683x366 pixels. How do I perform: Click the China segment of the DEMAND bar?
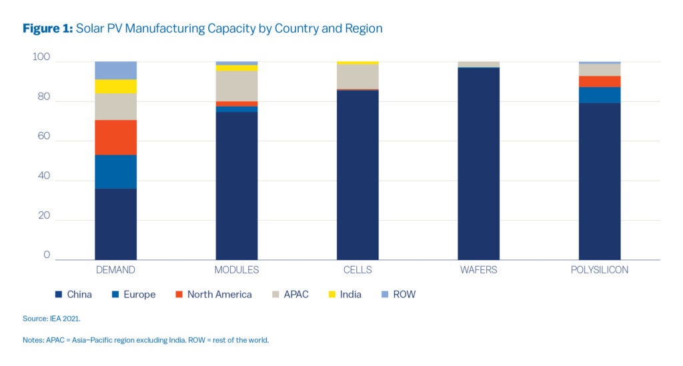point(115,224)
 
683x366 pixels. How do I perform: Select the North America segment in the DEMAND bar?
point(115,137)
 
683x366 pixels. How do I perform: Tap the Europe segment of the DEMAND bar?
point(115,171)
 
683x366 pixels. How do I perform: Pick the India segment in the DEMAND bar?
point(115,87)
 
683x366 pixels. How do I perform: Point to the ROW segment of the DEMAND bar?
point(115,70)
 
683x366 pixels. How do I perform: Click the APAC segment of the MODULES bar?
point(237,86)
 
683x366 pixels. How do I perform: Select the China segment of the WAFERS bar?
point(478,163)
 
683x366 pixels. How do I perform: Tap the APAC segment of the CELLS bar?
point(358,77)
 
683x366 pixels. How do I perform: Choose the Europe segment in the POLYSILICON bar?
point(599,95)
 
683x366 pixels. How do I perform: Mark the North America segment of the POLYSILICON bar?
point(599,81)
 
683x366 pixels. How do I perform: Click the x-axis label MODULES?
point(237,271)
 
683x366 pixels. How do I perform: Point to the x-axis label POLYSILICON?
point(599,271)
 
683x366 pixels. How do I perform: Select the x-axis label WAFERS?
point(478,271)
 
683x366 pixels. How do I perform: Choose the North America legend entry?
point(213,295)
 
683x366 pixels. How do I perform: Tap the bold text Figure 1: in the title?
point(48,29)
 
